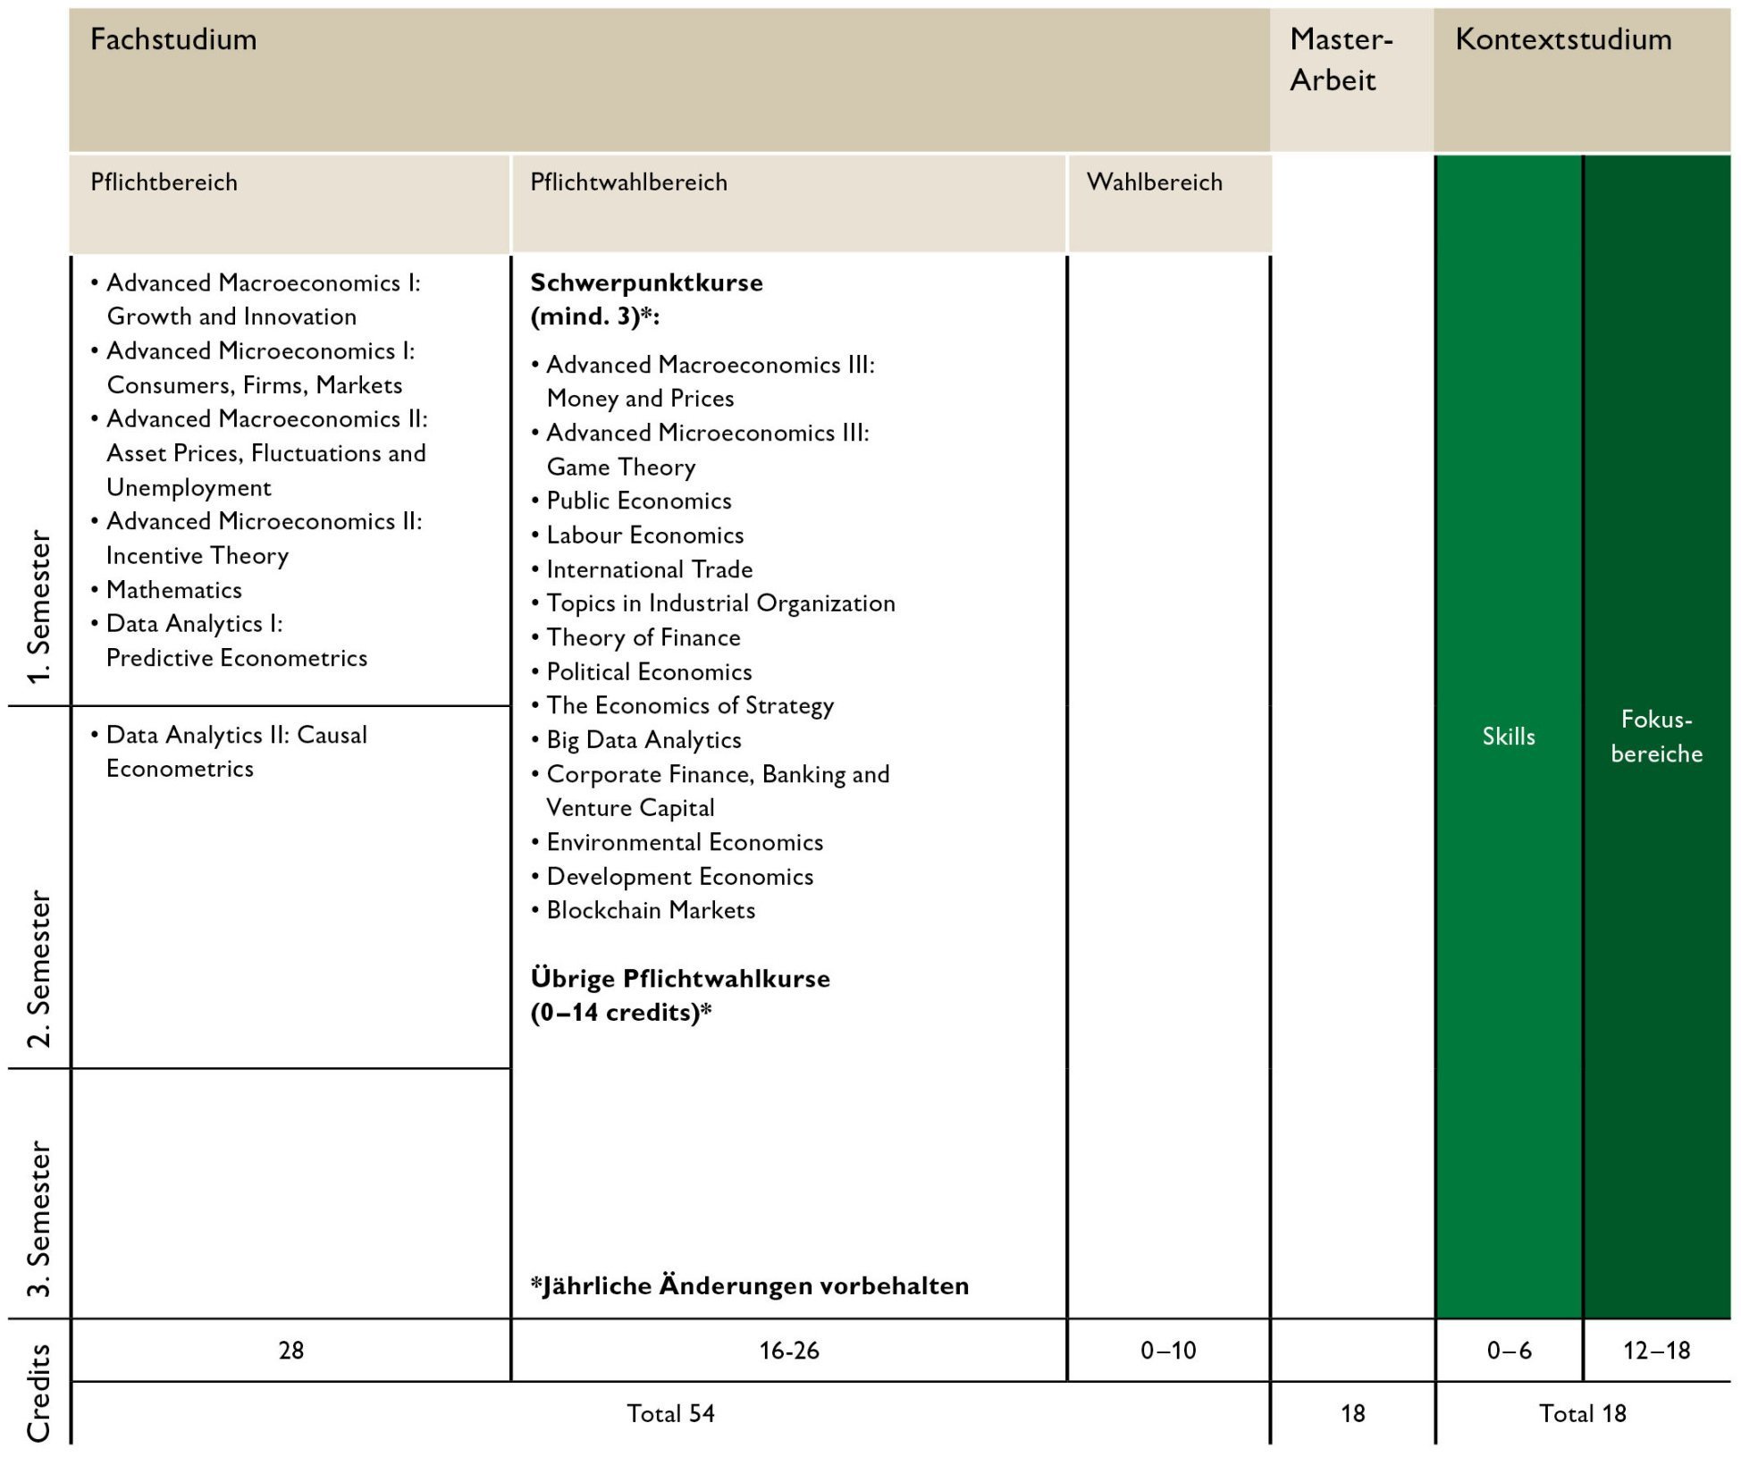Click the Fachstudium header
pos(173,39)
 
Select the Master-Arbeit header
pos(1341,60)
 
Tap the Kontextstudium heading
pos(1562,39)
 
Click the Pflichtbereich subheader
pos(164,182)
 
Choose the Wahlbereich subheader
pos(1154,182)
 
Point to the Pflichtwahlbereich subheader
pos(628,182)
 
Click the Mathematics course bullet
pos(173,590)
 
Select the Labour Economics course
pos(644,535)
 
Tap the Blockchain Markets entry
pos(651,911)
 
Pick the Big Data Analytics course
pos(643,740)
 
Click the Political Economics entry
pos(649,672)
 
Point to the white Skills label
pos(1509,737)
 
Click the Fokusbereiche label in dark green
pos(1656,737)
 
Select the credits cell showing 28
pos(291,1351)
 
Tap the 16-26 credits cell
pos(789,1351)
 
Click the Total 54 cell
pos(670,1414)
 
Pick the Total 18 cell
pos(1582,1414)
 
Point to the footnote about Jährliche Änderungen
pos(749,1286)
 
